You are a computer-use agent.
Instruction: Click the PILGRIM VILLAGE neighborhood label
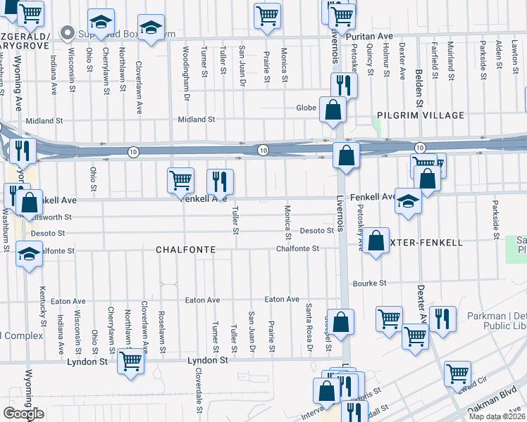[x=421, y=115]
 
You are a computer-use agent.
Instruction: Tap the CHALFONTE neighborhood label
[x=185, y=250]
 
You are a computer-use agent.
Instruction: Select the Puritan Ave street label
[x=373, y=36]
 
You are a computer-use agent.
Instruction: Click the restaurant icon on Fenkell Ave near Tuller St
[x=220, y=181]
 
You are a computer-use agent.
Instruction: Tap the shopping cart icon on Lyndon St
[x=130, y=361]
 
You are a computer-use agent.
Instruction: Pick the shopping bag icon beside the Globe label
[x=332, y=110]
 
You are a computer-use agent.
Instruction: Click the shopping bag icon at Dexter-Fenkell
[x=377, y=240]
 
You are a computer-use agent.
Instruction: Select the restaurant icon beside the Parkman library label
[x=442, y=319]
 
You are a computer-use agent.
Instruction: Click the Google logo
[x=23, y=413]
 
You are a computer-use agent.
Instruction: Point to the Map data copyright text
[x=496, y=416]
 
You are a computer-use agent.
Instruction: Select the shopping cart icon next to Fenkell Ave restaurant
[x=181, y=181]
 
